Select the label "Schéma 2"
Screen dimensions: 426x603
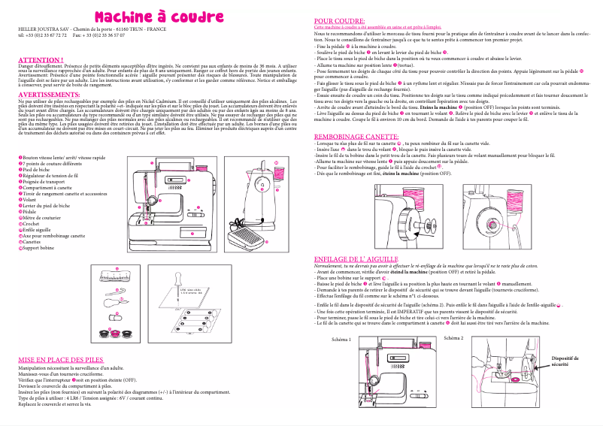coord(454,337)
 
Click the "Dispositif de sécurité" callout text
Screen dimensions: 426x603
coord(565,361)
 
